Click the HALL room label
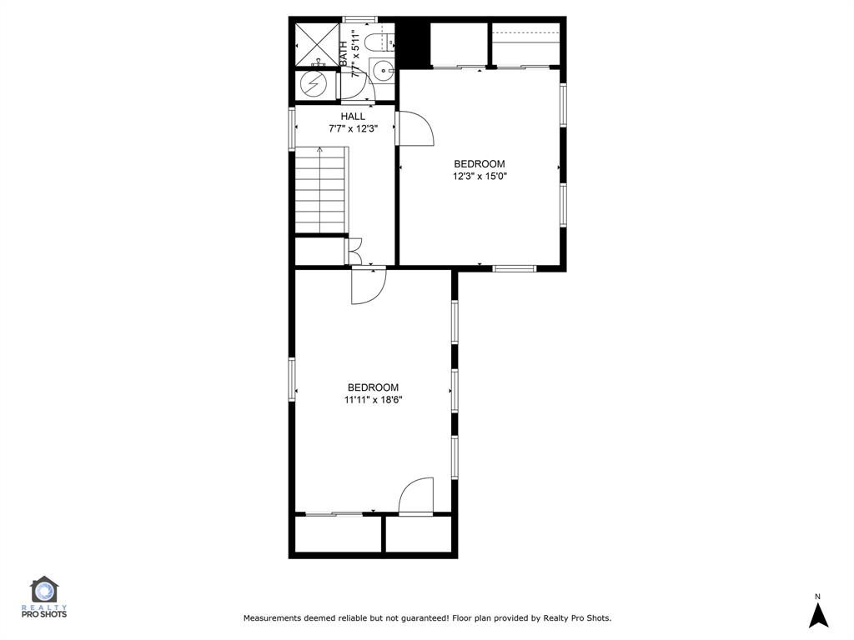[x=353, y=117]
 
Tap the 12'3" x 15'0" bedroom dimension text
[x=480, y=177]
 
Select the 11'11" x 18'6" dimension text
[x=374, y=400]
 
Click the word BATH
[x=344, y=54]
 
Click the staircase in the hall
[x=320, y=190]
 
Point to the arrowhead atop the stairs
[x=320, y=151]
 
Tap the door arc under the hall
[x=368, y=286]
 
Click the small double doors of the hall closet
[x=355, y=252]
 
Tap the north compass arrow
[x=818, y=613]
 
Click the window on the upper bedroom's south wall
[x=514, y=267]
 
